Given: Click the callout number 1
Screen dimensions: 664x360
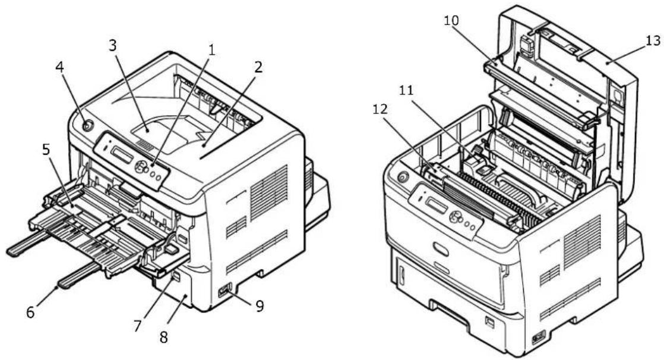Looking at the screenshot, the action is pyautogui.click(x=211, y=50).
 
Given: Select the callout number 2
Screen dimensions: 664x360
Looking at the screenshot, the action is pyautogui.click(x=258, y=67).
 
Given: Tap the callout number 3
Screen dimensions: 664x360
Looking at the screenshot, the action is pyautogui.click(x=112, y=45).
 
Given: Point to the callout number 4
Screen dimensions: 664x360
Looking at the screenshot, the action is pyautogui.click(x=60, y=67).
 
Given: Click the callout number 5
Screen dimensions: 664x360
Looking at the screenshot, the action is pyautogui.click(x=46, y=149).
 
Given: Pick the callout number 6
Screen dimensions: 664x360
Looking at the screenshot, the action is pyautogui.click(x=30, y=312).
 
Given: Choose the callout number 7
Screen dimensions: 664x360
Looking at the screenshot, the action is pyautogui.click(x=138, y=326).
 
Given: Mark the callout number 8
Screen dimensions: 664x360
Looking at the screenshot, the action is pyautogui.click(x=163, y=337).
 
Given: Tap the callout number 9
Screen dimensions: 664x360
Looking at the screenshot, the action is pyautogui.click(x=259, y=305).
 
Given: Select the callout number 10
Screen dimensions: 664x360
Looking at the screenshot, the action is pyautogui.click(x=451, y=20).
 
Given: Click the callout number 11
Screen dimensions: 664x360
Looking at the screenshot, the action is pyautogui.click(x=406, y=90).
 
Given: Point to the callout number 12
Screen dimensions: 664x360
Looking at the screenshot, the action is pyautogui.click(x=380, y=109).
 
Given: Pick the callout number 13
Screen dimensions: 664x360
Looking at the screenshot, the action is pyautogui.click(x=653, y=40).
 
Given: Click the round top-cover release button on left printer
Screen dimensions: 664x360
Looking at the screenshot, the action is pyautogui.click(x=86, y=125).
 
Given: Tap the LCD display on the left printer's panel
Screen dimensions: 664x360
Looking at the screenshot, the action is pyautogui.click(x=122, y=154).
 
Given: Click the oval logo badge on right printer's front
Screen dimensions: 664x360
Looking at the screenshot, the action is pyautogui.click(x=441, y=250).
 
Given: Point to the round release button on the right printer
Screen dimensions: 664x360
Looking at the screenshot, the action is pyautogui.click(x=402, y=175).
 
